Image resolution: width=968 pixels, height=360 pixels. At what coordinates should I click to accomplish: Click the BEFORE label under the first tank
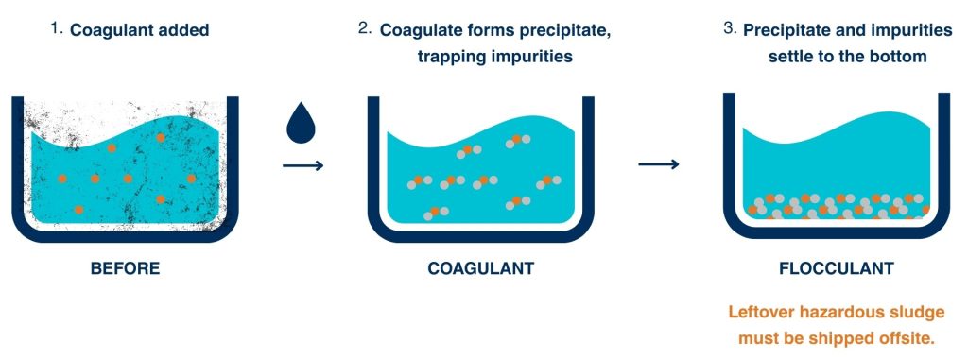[125, 268]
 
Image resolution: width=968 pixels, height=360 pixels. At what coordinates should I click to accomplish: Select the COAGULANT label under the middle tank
[480, 268]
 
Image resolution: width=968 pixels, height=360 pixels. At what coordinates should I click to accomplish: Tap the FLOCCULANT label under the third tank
[836, 268]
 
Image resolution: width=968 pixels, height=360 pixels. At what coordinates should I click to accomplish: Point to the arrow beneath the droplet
[302, 165]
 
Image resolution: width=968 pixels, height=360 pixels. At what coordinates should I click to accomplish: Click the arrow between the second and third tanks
[659, 164]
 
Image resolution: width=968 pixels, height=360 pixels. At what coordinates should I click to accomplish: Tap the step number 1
[56, 28]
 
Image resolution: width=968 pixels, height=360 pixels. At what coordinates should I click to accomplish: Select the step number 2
[364, 28]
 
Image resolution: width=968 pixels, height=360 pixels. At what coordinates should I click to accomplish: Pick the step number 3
[729, 28]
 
